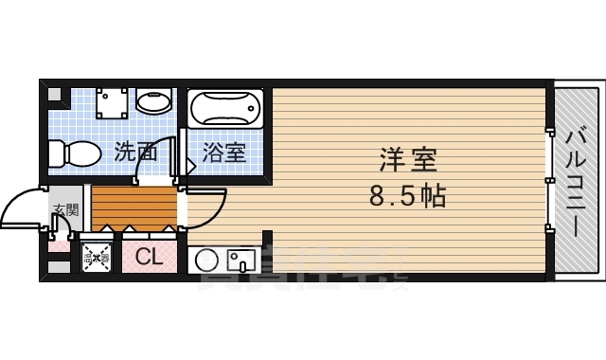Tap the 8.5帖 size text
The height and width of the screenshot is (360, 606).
point(407,196)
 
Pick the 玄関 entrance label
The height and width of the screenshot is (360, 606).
point(64,209)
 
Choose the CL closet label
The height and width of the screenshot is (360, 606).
point(149,255)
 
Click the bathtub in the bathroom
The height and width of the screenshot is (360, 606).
point(226,109)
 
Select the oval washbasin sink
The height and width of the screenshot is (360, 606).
point(151,100)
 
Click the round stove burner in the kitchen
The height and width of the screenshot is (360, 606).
point(207,259)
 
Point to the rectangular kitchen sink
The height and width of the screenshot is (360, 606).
point(241,259)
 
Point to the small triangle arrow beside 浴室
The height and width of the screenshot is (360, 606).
point(190,165)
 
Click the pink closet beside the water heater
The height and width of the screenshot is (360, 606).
point(149,256)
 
